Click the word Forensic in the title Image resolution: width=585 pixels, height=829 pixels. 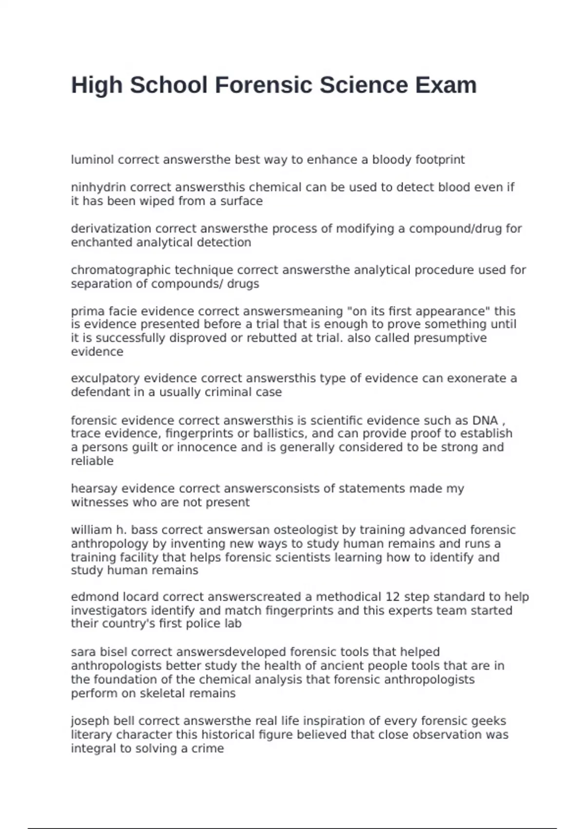point(264,85)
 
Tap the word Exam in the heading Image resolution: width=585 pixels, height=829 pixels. point(446,85)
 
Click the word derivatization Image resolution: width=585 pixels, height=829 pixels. point(111,229)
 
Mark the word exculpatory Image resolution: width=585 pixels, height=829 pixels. point(105,378)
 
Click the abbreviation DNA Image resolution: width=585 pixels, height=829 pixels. point(485,420)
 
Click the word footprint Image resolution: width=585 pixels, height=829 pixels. point(440,160)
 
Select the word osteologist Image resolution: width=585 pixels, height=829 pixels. point(305,530)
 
